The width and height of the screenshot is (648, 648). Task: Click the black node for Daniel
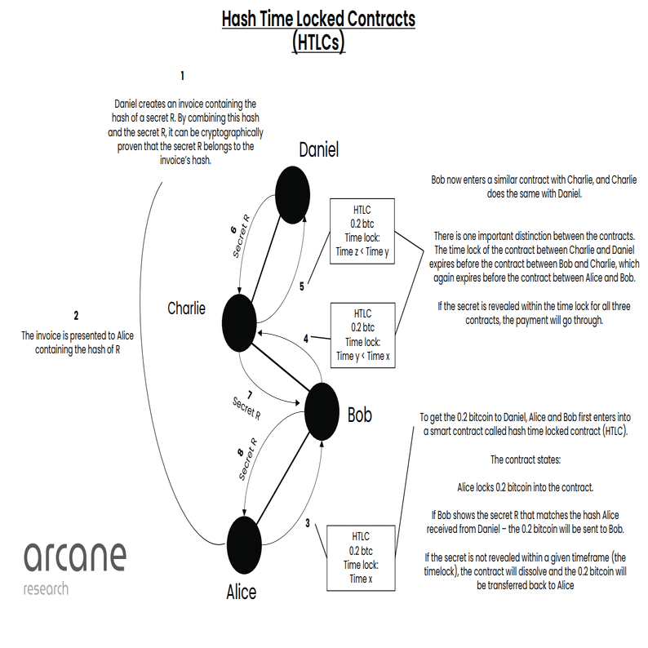coord(293,195)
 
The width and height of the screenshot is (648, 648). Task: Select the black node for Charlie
coord(239,322)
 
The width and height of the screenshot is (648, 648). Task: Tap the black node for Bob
coord(322,411)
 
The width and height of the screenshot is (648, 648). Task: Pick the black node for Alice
coord(244,545)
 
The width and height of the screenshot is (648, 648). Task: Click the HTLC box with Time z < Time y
coord(362,231)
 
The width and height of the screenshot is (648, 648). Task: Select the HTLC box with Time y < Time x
coord(363,335)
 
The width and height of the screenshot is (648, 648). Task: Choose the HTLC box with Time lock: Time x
coord(361,558)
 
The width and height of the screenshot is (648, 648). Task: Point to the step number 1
coord(182,76)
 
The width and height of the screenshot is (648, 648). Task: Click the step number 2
coord(76,316)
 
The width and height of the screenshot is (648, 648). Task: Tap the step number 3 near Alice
coord(308,523)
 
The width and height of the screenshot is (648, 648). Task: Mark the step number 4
coord(306,339)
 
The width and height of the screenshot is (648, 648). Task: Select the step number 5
coord(302,286)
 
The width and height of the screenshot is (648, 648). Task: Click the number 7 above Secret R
coord(250,396)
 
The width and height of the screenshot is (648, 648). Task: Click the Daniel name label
coord(318,149)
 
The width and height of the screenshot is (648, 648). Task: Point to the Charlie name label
coord(186,308)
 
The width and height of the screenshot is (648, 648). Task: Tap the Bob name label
coord(360,415)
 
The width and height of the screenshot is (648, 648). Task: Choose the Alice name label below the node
coord(242,593)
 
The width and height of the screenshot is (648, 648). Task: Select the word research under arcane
coord(46,588)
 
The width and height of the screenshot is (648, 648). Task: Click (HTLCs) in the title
coord(318,42)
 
